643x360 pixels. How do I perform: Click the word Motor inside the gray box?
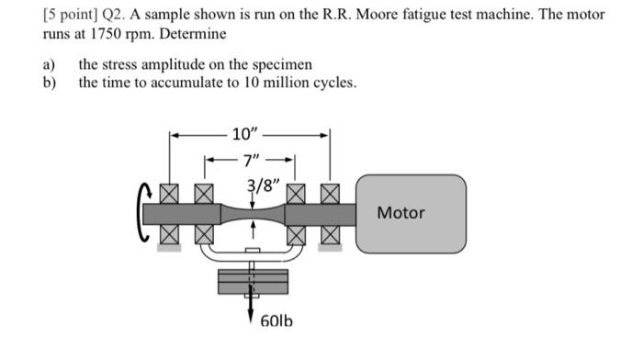(401, 213)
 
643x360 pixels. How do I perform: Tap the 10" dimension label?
(246, 134)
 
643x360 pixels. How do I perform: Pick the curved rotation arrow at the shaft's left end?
(143, 213)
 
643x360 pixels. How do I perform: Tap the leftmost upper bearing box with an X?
(169, 194)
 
